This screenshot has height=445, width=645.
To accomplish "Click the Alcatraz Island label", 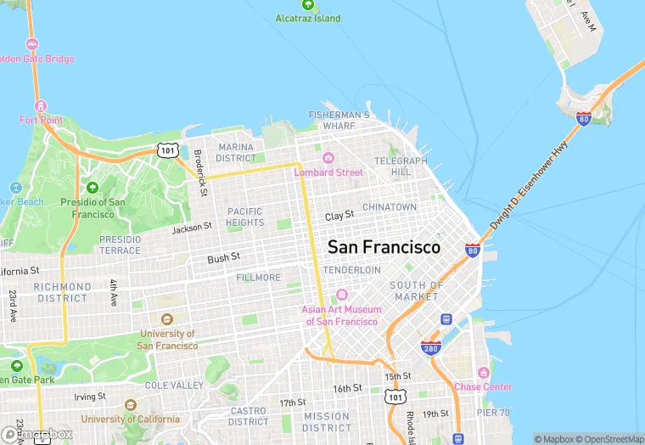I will (308, 18).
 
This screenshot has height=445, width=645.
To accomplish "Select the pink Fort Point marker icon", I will (40, 105).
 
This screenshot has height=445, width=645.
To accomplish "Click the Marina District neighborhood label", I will (236, 152).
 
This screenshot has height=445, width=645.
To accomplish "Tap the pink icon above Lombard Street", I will (328, 158).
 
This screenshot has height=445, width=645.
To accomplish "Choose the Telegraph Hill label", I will (401, 166).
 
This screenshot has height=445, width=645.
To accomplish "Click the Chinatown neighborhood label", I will (390, 207).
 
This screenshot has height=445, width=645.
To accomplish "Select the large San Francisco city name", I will (384, 247).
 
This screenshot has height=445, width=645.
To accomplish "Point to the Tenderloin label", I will (351, 269).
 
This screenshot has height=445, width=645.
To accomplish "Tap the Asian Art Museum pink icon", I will (341, 295).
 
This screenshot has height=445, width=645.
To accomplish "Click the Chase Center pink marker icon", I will (484, 372).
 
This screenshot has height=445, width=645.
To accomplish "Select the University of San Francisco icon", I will (167, 319).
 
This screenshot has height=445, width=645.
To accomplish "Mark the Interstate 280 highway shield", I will (430, 348).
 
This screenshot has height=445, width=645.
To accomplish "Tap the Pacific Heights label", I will (245, 217).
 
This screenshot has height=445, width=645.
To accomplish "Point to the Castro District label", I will (248, 416).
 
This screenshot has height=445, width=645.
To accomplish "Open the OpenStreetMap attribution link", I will (609, 439).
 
